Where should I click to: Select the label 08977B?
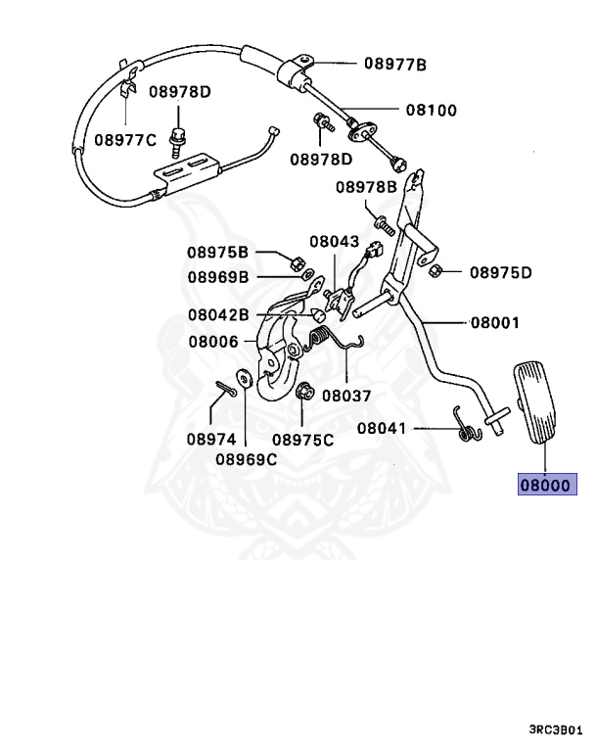coord(395,65)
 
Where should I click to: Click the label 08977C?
coord(125,140)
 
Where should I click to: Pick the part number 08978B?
coord(366,186)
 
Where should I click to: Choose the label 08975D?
coord(500,272)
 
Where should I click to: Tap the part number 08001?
coord(494,322)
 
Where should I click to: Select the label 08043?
coord(335,241)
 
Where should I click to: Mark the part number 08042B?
coord(219,315)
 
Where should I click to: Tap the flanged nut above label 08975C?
coord(302,390)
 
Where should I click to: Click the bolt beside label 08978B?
coord(383,224)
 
